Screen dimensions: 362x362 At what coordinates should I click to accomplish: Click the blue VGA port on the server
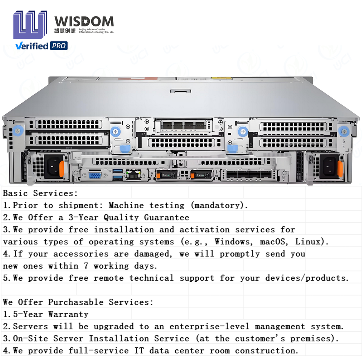tap(95, 175)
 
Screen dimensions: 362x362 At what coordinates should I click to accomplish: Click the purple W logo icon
tap(30, 25)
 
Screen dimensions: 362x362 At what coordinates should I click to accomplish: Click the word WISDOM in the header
tap(84, 21)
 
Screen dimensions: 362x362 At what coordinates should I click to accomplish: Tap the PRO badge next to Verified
tap(59, 46)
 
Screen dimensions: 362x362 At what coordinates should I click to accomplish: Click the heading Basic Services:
tap(40, 193)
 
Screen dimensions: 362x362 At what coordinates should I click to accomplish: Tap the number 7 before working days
tap(86, 266)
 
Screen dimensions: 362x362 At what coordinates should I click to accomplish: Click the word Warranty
tap(68, 314)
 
